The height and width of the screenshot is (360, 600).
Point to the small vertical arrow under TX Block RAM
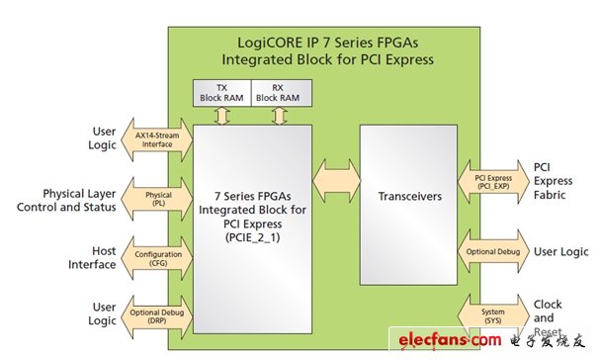(x=222, y=115)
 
